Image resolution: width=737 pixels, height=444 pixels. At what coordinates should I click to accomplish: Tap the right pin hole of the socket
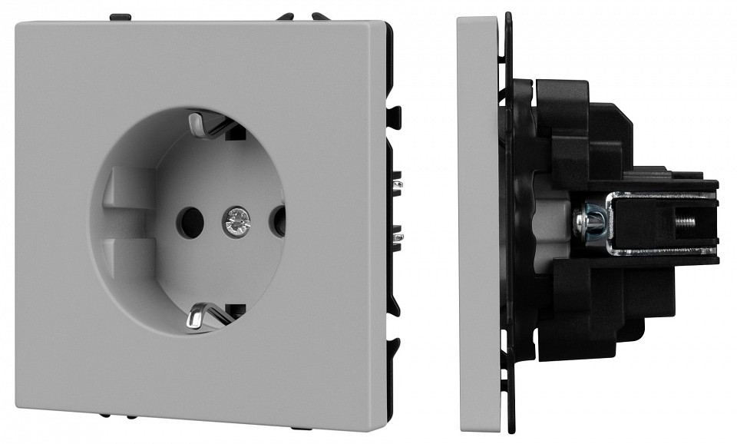pos(278,222)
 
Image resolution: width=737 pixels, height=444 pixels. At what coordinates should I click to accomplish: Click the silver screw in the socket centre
pos(236,222)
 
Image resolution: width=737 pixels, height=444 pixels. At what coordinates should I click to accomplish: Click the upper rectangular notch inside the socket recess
pos(122,185)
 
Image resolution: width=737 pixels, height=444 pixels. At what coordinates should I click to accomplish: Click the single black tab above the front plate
pos(121,15)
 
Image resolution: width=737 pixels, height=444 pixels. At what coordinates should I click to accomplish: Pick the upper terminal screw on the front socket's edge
pos(397,185)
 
